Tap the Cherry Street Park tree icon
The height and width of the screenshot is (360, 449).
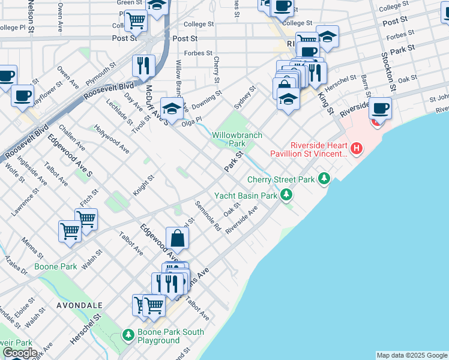[x=324, y=178]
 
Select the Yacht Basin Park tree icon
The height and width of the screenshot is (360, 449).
[x=287, y=194]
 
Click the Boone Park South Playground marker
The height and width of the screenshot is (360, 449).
[x=127, y=334]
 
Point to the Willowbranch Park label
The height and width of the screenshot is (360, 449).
[x=237, y=139]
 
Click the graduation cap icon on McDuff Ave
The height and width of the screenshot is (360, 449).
[x=172, y=109]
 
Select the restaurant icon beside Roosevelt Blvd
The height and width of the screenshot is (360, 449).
[x=143, y=65]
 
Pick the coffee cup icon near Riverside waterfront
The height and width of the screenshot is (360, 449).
[x=380, y=109]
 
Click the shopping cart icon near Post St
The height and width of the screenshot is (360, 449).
[x=136, y=21]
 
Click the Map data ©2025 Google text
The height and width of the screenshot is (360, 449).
[x=411, y=355]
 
